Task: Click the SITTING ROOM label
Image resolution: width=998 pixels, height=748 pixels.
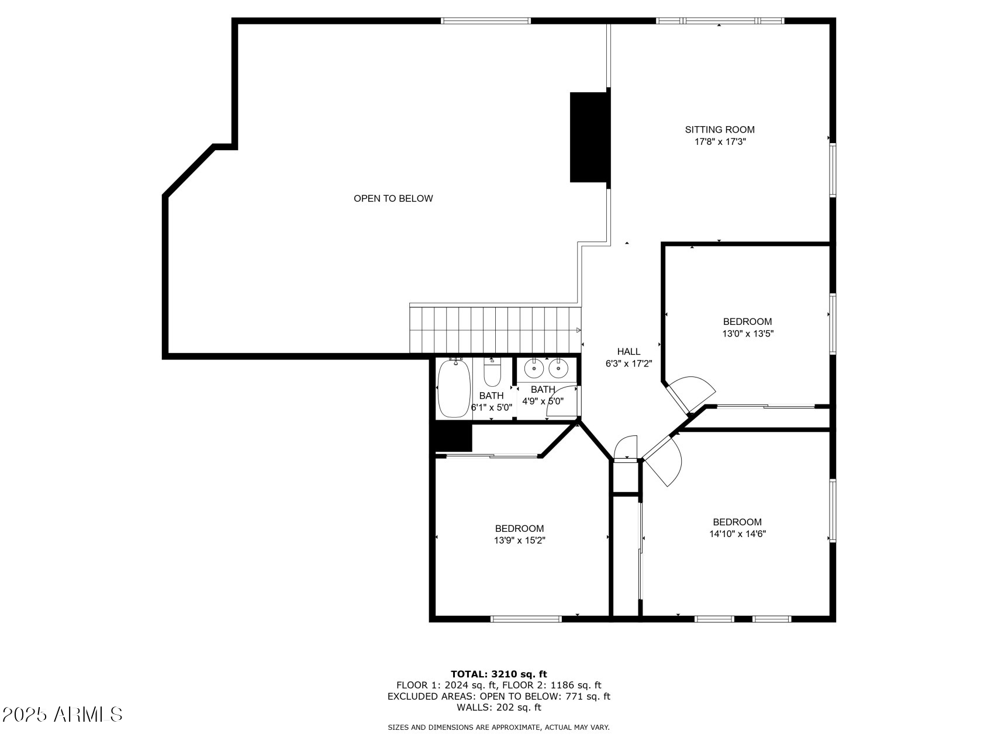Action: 720,130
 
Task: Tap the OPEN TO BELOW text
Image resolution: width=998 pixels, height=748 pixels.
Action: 393,199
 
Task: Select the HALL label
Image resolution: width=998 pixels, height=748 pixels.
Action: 629,352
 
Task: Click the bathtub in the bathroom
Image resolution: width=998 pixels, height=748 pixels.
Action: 454,388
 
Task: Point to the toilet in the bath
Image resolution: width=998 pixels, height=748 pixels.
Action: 492,373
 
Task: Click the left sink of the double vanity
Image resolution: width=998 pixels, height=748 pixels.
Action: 533,368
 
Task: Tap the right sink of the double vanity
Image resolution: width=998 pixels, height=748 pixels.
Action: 558,368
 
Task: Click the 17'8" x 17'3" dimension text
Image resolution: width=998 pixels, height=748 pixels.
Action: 720,141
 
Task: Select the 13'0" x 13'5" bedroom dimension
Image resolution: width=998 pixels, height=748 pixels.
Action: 748,334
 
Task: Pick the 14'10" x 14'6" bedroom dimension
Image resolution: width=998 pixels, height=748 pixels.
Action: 737,534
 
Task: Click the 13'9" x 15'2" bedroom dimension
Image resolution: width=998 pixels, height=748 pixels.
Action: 520,541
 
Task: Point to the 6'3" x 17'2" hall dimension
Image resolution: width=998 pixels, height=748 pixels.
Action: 629,363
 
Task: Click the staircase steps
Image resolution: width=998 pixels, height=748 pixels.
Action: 495,329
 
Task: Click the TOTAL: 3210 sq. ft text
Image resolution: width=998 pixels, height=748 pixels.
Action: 499,674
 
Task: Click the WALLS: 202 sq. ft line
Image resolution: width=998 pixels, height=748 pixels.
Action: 499,708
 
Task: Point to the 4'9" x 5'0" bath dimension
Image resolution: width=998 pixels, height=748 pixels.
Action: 543,401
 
